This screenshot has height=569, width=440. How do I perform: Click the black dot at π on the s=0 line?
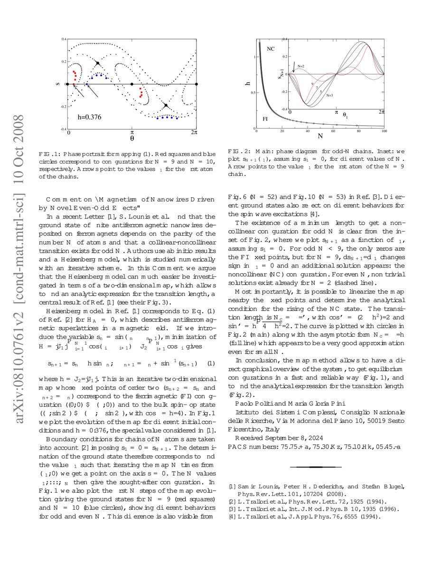pyautogui.click(x=131, y=84)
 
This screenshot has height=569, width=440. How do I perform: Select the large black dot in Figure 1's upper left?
pyautogui.click(x=98, y=63)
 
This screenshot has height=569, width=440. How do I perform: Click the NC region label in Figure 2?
pyautogui.click(x=271, y=49)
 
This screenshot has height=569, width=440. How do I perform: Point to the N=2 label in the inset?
pyautogui.click(x=301, y=65)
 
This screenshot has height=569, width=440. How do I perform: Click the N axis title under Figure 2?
pyautogui.click(x=320, y=137)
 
